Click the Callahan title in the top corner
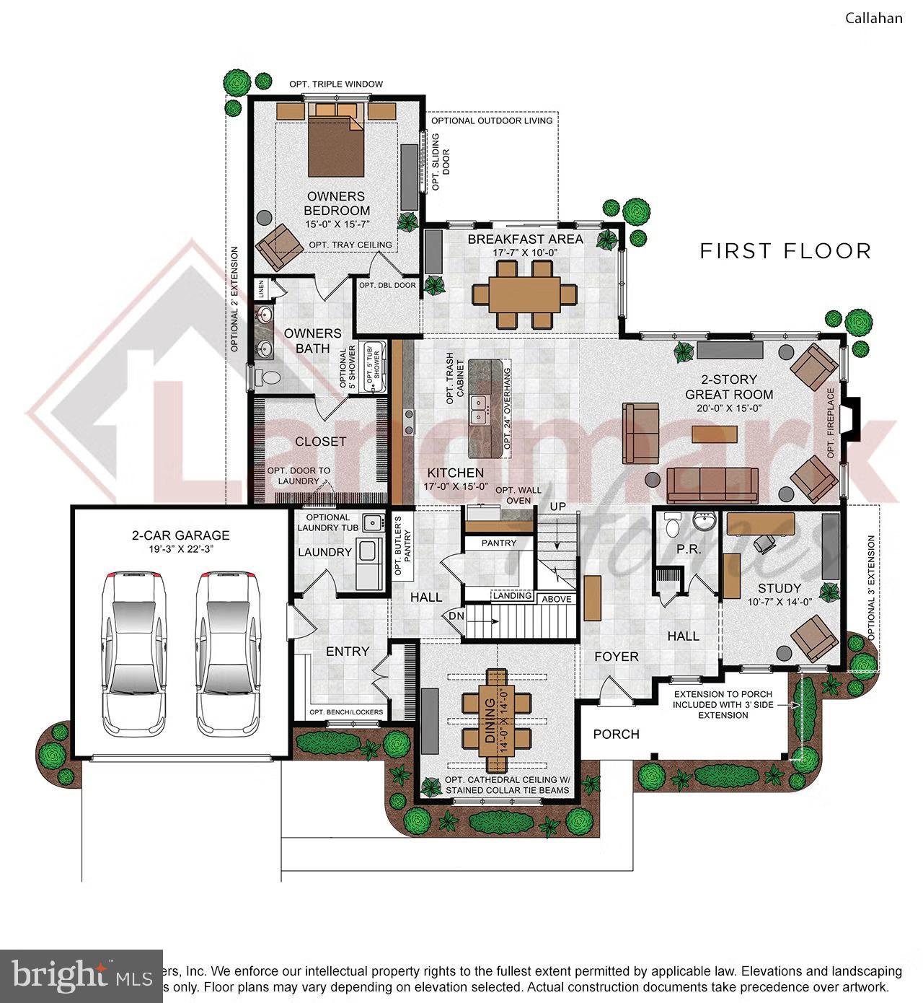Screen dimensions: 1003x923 tap(873, 18)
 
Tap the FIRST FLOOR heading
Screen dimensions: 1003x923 tap(785, 251)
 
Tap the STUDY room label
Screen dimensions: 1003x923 tap(779, 588)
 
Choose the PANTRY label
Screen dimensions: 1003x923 tap(499, 543)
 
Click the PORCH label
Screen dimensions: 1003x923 tap(616, 734)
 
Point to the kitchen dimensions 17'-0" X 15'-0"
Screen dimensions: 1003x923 tap(456, 486)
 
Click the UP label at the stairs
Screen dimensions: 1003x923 tap(558, 507)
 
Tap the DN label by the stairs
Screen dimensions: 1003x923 tap(456, 617)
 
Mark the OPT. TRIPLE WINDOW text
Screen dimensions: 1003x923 tap(336, 84)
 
